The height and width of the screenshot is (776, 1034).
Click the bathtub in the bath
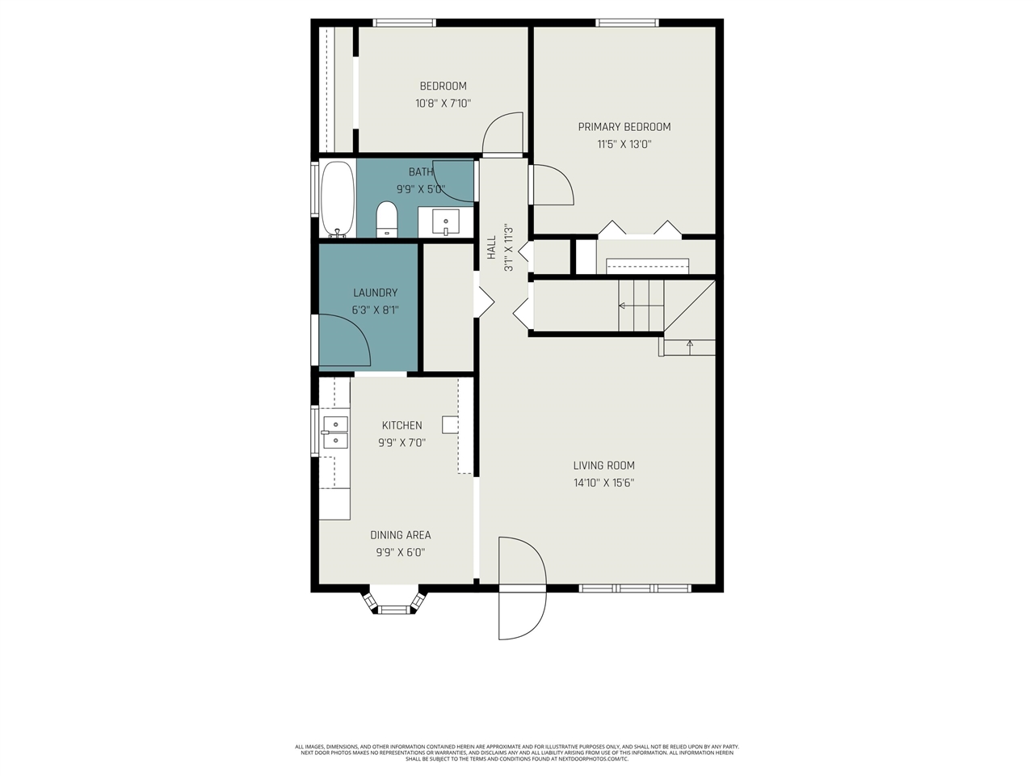click(338, 198)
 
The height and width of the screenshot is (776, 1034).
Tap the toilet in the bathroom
click(387, 219)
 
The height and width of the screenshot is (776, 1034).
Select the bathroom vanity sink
click(446, 222)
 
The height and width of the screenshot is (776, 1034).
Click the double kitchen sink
click(335, 432)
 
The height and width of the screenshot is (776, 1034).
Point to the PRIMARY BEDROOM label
click(624, 127)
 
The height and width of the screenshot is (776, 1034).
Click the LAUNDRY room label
click(376, 293)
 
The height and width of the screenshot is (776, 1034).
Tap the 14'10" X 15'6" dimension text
click(604, 483)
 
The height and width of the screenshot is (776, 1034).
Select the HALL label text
click(491, 247)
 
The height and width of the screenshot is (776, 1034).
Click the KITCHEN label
click(401, 425)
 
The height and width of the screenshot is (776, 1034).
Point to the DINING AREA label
click(401, 535)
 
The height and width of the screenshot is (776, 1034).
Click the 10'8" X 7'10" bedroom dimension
click(443, 103)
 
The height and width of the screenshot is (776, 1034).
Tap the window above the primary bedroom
click(627, 22)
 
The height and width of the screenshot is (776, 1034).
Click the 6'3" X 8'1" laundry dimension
click(376, 310)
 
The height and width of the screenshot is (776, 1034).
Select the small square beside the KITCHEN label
click(450, 424)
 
